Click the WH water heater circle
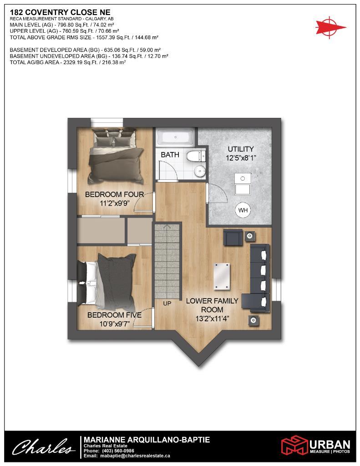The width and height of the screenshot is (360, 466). coord(243,210)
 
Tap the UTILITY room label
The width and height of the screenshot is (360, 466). coord(241,149)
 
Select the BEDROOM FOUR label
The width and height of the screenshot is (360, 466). coord(115,195)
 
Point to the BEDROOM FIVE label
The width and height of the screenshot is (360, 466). coord(114,315)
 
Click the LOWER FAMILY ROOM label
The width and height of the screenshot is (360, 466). coord(212,305)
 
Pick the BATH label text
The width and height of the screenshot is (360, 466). coord(170,155)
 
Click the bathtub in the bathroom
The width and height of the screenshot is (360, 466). coord(175,137)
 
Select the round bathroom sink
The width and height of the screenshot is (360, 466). coord(199,171)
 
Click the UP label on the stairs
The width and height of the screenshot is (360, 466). coord(167,303)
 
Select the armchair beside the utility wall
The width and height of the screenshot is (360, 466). coord(233,237)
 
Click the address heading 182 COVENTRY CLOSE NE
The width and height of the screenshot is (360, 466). coord(60,12)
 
